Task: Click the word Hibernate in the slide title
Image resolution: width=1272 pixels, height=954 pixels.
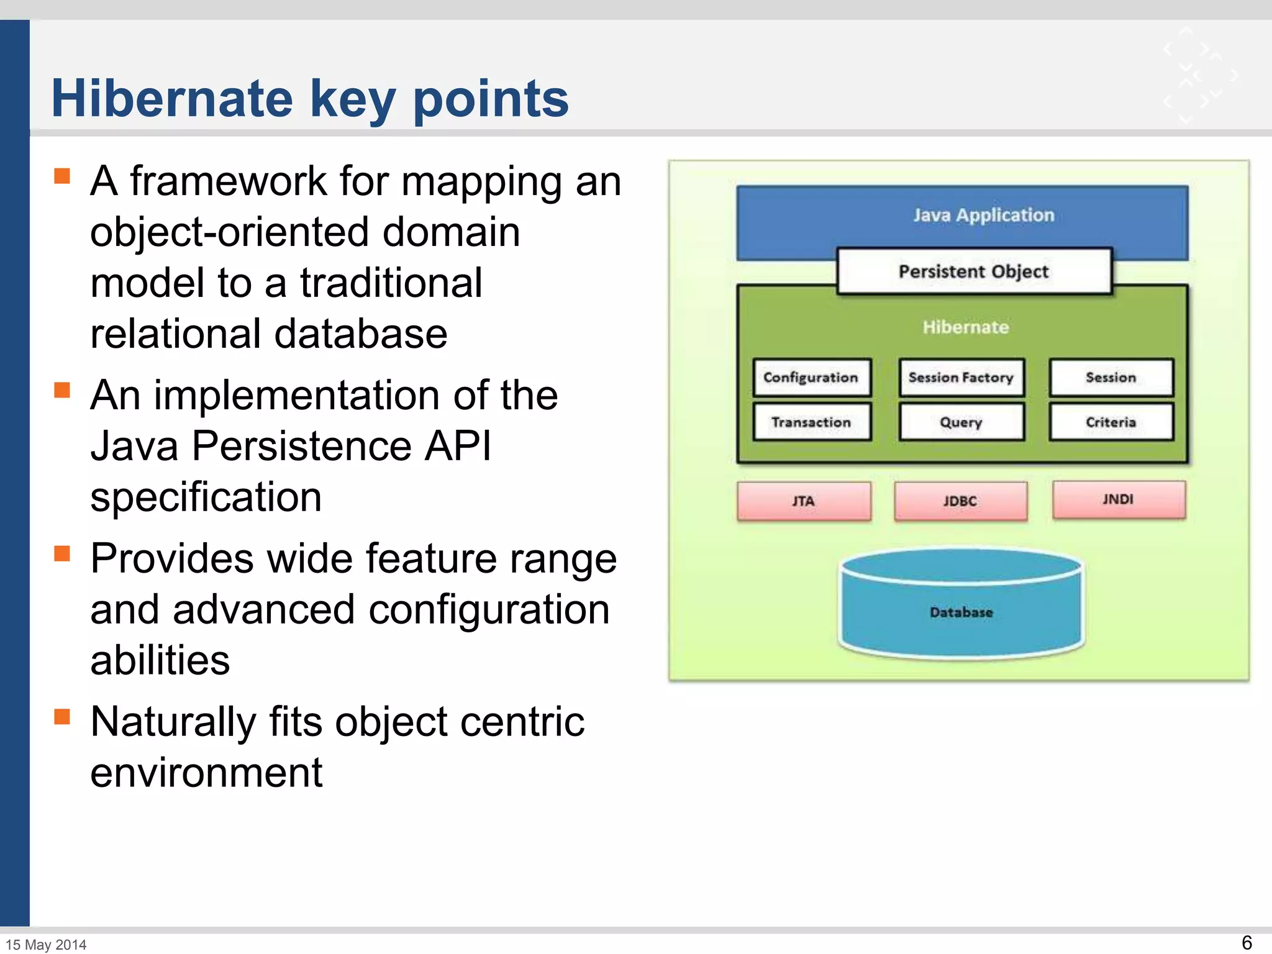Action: tap(172, 98)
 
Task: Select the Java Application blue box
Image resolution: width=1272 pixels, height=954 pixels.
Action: tap(983, 216)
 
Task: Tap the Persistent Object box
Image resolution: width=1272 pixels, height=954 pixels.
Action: tap(973, 271)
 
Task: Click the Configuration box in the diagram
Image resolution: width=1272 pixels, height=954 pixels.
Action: tap(811, 378)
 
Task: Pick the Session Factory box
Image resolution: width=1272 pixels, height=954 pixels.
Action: tap(961, 378)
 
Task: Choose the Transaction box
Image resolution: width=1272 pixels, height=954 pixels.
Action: tap(811, 422)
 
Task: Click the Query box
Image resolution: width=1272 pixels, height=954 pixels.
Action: tap(961, 422)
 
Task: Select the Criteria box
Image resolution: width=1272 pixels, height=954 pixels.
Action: tap(1111, 422)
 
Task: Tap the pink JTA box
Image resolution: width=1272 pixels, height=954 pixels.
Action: tap(804, 501)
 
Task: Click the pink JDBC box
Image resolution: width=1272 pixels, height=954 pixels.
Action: tap(960, 501)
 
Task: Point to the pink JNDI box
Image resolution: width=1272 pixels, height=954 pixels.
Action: tap(1119, 499)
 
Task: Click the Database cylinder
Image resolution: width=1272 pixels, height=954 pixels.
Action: tap(961, 612)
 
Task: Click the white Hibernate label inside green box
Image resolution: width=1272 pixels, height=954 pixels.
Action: tap(965, 327)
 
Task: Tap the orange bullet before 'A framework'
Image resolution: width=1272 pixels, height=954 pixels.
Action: tap(62, 176)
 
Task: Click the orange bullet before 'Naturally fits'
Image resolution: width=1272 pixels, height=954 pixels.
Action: tap(62, 717)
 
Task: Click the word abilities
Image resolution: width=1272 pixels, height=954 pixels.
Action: tap(160, 660)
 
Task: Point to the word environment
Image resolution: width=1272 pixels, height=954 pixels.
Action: tap(206, 773)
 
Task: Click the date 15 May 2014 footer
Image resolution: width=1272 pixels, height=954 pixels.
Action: tap(46, 945)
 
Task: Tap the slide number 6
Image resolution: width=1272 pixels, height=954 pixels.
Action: tap(1246, 942)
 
